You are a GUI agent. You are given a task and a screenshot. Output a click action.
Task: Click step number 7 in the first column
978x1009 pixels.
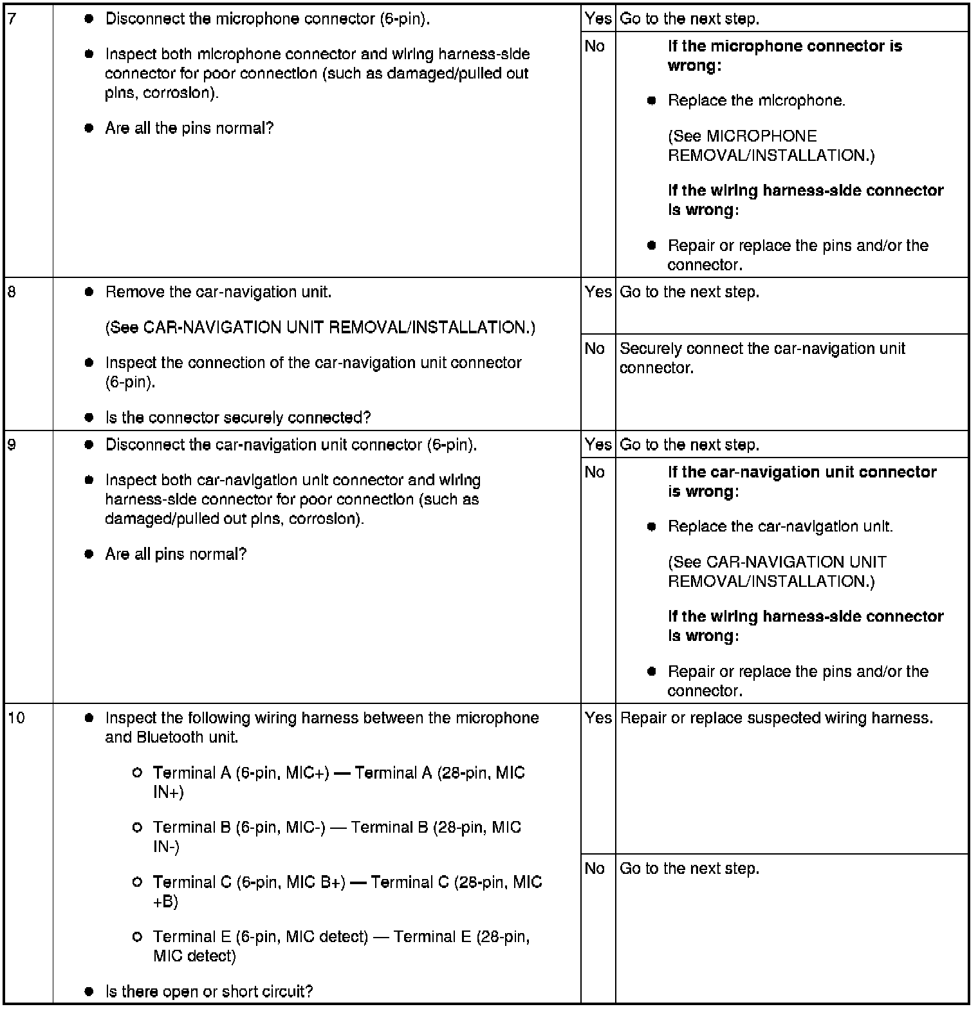[11, 19]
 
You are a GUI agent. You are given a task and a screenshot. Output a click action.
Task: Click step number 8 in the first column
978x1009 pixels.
[11, 292]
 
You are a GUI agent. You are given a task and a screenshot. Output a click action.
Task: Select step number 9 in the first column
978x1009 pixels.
[11, 445]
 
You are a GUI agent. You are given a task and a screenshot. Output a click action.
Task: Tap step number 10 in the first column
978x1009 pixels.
[16, 717]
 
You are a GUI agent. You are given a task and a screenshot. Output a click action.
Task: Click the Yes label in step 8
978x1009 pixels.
[598, 292]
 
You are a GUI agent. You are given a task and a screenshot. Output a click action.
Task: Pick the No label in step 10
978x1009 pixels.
[595, 869]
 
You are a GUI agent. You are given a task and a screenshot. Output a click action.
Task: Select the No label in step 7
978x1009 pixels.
[595, 46]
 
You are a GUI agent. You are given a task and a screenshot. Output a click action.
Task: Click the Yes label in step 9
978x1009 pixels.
[598, 445]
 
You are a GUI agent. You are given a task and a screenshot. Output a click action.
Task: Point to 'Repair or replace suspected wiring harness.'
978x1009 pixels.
[776, 718]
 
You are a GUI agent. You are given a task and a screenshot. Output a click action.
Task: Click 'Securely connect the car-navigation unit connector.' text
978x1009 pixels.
[762, 358]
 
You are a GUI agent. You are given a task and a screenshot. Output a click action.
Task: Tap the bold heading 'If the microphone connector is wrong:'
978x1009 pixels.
[784, 56]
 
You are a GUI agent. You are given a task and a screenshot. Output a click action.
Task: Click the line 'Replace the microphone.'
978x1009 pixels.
[756, 100]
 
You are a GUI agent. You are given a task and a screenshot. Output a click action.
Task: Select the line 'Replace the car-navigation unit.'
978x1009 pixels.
[780, 526]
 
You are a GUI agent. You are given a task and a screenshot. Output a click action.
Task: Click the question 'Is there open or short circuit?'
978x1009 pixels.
[208, 992]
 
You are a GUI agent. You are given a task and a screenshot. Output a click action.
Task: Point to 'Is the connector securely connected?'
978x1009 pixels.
[237, 418]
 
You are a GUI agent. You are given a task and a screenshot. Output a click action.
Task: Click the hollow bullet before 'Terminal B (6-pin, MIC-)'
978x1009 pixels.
[136, 828]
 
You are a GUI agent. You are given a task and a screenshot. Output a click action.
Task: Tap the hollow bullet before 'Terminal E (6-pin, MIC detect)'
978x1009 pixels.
[136, 937]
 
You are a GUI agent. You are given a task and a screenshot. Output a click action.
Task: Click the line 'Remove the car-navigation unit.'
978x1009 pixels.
[218, 292]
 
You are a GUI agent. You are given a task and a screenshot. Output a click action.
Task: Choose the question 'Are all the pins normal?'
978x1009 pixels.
[189, 128]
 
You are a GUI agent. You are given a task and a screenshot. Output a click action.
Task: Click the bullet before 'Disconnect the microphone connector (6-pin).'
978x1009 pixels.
[89, 19]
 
